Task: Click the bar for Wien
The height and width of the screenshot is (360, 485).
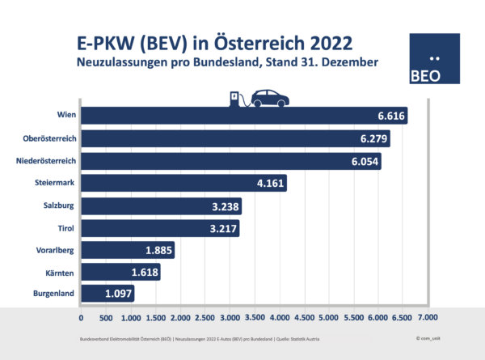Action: click(242, 116)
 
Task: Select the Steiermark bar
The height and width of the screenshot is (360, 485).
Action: click(183, 184)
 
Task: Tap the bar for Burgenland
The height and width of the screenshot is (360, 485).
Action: click(108, 292)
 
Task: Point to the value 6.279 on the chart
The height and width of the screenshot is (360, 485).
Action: click(371, 139)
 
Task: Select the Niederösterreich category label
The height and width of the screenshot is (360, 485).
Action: click(46, 161)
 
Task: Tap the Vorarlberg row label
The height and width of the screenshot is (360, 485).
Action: click(57, 250)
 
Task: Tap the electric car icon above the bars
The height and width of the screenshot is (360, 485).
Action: click(271, 98)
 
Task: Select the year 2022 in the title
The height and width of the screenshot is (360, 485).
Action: click(326, 41)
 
